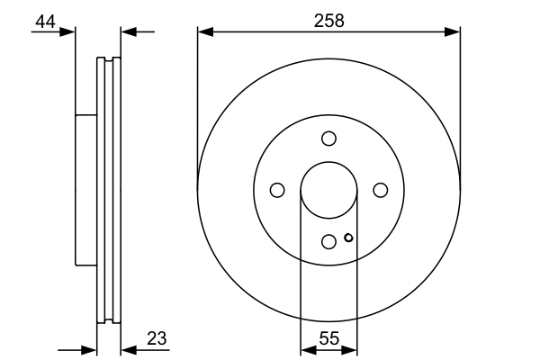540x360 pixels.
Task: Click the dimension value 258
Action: [329, 21]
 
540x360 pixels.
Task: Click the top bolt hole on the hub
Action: [328, 138]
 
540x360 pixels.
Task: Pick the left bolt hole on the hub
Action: [277, 189]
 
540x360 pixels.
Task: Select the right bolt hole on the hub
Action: [380, 189]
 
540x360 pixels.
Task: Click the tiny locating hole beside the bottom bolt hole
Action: [348, 238]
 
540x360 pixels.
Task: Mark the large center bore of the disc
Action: [328, 189]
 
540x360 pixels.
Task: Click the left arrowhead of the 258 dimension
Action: [203, 32]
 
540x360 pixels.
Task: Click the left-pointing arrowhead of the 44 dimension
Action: [127, 32]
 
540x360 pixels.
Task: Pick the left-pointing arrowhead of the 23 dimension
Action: [127, 349]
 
